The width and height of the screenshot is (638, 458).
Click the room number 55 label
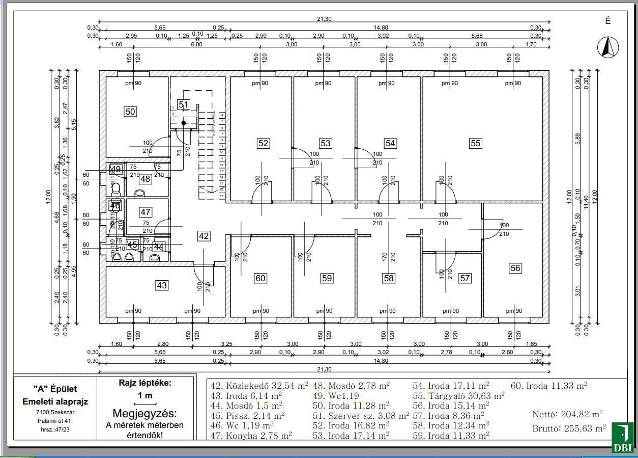(x=475, y=144)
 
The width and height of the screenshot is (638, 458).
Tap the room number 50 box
(x=131, y=111)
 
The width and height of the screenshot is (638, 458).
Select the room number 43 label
(x=162, y=285)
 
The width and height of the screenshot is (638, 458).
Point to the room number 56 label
(x=515, y=268)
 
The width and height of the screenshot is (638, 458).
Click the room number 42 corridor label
(x=204, y=236)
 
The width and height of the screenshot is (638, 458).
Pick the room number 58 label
(x=389, y=278)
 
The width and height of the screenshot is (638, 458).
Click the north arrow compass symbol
(x=607, y=48)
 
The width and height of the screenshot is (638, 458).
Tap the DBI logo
(x=623, y=438)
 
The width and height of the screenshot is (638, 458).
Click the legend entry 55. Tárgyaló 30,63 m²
(x=458, y=395)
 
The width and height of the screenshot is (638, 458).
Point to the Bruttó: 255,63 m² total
(x=569, y=428)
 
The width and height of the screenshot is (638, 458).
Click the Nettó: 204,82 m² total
(x=567, y=414)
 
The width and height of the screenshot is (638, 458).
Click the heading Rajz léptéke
(x=145, y=383)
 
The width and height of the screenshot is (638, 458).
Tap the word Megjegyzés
(x=145, y=413)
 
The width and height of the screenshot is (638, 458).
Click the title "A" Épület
(x=55, y=389)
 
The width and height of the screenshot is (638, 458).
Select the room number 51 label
(x=184, y=105)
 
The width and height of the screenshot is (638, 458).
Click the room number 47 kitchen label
(x=146, y=212)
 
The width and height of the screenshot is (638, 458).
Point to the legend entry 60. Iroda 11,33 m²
(x=549, y=386)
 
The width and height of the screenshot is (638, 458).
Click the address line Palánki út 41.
(x=55, y=421)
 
